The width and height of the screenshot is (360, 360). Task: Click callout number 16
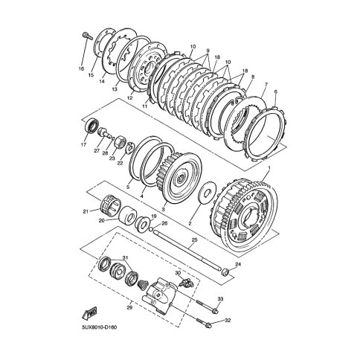(81, 68)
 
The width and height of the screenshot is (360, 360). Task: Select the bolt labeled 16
(88, 36)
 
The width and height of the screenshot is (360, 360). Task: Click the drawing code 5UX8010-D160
(100, 327)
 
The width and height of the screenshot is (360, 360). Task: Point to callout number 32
(228, 320)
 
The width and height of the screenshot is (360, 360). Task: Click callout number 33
(220, 299)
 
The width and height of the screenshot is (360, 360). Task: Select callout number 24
(238, 265)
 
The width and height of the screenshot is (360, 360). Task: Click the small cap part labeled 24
(225, 271)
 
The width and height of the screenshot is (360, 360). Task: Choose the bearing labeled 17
(92, 126)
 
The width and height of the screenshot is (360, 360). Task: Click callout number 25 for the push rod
(194, 240)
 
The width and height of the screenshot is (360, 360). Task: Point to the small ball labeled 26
(151, 228)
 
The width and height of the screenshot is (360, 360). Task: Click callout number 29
(129, 308)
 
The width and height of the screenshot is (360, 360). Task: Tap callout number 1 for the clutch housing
(269, 168)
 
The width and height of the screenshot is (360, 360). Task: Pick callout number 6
(276, 91)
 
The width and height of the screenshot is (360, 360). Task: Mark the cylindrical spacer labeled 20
(127, 216)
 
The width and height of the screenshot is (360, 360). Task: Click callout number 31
(125, 258)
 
